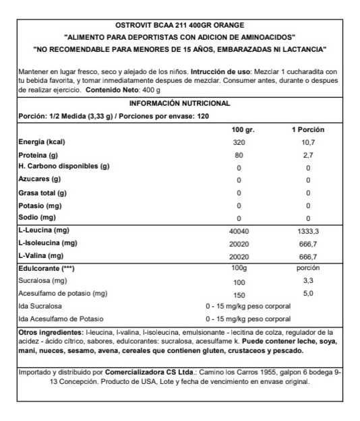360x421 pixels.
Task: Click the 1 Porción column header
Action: [307, 129]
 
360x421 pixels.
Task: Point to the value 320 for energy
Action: [239, 143]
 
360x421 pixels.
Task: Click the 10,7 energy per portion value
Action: [307, 143]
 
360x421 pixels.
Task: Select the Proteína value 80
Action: [239, 156]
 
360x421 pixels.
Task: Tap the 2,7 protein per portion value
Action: [307, 156]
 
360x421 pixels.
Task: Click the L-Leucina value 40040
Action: [239, 230]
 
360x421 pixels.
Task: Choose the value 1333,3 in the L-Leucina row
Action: [307, 230]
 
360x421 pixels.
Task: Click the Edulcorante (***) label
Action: [46, 268]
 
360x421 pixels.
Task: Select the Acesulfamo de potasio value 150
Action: [239, 294]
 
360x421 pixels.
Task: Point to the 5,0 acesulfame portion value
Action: [307, 294]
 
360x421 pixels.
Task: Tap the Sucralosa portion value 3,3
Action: [307, 281]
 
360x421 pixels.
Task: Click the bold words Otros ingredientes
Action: [51, 333]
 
